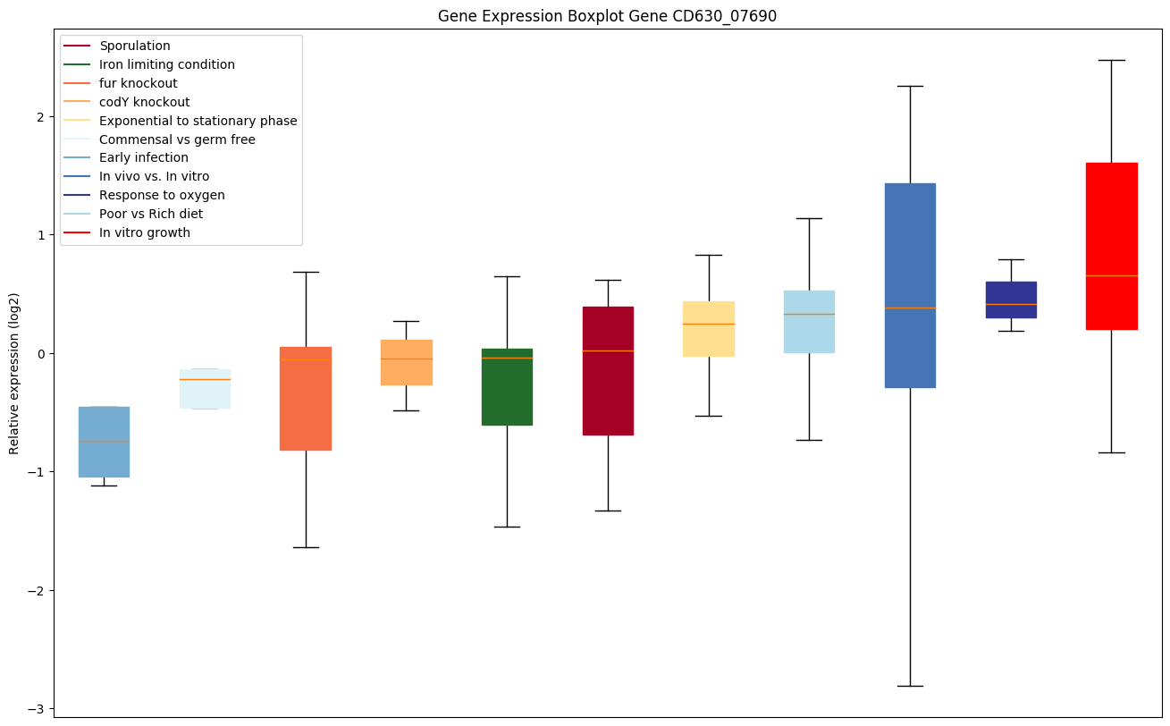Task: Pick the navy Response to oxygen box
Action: click(1011, 300)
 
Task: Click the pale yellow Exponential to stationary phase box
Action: click(709, 329)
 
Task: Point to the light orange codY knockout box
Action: click(407, 362)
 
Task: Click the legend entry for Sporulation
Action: click(135, 46)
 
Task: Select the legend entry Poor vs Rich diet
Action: click(151, 214)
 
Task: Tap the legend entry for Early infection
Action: click(144, 157)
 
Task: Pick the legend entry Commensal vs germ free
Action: click(177, 139)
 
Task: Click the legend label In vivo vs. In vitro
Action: click(155, 176)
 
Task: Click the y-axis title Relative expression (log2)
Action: click(14, 373)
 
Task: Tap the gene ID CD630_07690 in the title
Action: click(715, 17)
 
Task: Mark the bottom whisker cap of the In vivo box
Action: click(910, 686)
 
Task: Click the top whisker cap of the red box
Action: click(1111, 60)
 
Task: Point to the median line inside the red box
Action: click(1111, 275)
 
